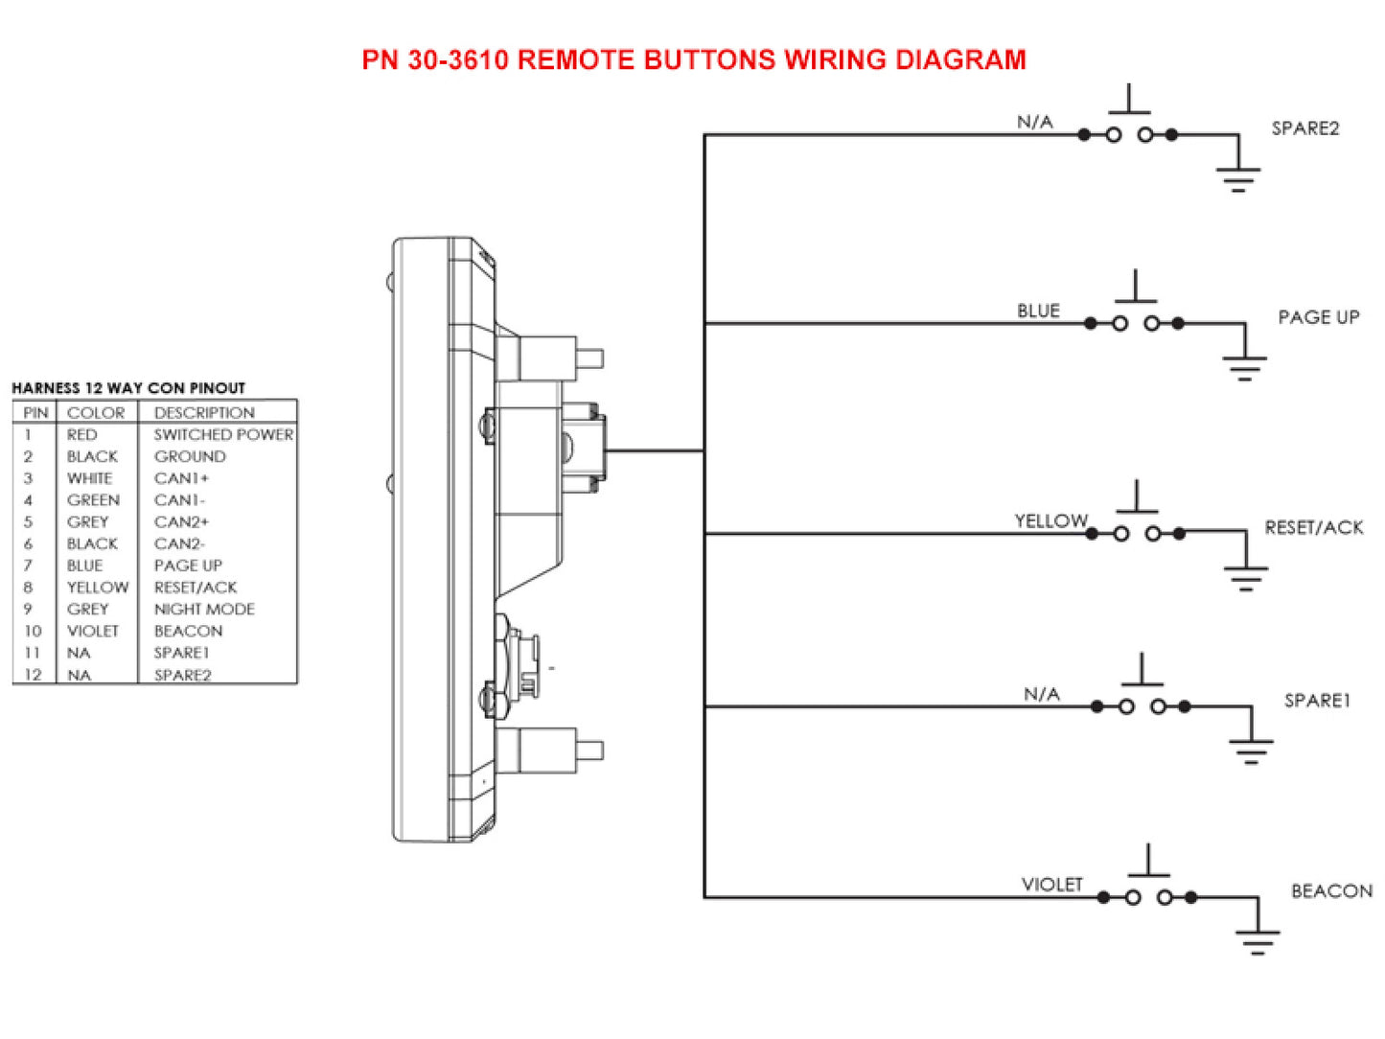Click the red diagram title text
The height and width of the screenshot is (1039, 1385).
click(x=693, y=59)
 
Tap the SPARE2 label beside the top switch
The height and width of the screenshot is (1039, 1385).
click(x=1304, y=128)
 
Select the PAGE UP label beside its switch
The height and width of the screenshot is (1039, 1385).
click(x=1318, y=317)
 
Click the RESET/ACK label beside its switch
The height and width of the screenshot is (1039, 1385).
click(x=1313, y=527)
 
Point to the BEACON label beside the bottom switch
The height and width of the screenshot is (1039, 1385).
click(x=1330, y=891)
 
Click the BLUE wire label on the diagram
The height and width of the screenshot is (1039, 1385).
click(x=1038, y=312)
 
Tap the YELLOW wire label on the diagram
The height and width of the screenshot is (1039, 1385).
click(x=1050, y=520)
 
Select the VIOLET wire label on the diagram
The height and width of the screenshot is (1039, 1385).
click(x=1051, y=885)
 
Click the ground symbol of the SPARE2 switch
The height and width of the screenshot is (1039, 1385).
click(x=1238, y=178)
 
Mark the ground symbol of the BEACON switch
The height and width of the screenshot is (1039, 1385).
click(x=1258, y=941)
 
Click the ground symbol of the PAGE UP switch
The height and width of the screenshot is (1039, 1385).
click(x=1244, y=367)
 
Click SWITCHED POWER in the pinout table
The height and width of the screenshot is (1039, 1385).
click(x=223, y=435)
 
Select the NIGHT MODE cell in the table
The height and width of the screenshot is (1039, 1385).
click(x=204, y=610)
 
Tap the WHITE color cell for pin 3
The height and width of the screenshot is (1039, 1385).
click(x=89, y=478)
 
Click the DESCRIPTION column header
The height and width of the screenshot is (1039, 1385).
click(x=204, y=413)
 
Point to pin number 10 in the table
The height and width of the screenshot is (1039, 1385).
click(x=33, y=632)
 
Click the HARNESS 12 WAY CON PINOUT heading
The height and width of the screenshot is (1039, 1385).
click(x=128, y=388)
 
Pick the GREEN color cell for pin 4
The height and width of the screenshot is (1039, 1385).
click(x=93, y=500)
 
